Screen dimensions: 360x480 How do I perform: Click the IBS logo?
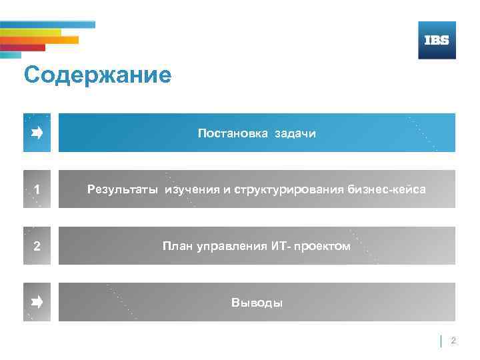tap(437, 40)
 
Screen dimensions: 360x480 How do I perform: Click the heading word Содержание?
tap(97, 75)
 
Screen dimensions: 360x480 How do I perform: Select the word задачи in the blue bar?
tap(295, 133)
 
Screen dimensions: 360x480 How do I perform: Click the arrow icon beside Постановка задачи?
tap(37, 133)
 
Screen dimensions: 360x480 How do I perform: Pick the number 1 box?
tap(37, 190)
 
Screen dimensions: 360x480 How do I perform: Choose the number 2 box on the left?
tap(37, 246)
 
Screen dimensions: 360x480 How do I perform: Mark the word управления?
tap(227, 246)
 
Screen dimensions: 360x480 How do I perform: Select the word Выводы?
tap(257, 303)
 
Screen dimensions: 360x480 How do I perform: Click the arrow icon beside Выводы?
tap(37, 303)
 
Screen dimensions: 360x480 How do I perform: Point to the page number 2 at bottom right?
tap(453, 341)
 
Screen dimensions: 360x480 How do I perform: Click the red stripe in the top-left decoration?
tap(23, 48)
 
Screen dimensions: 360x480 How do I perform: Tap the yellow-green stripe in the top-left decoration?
tap(30, 32)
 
